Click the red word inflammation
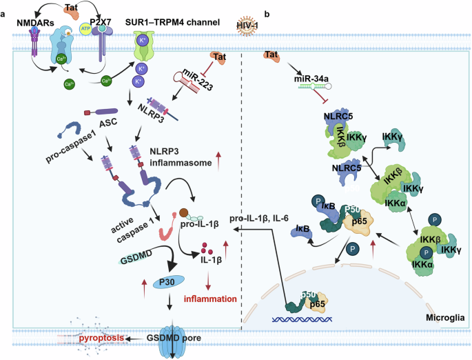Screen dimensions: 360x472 coord(209,299)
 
